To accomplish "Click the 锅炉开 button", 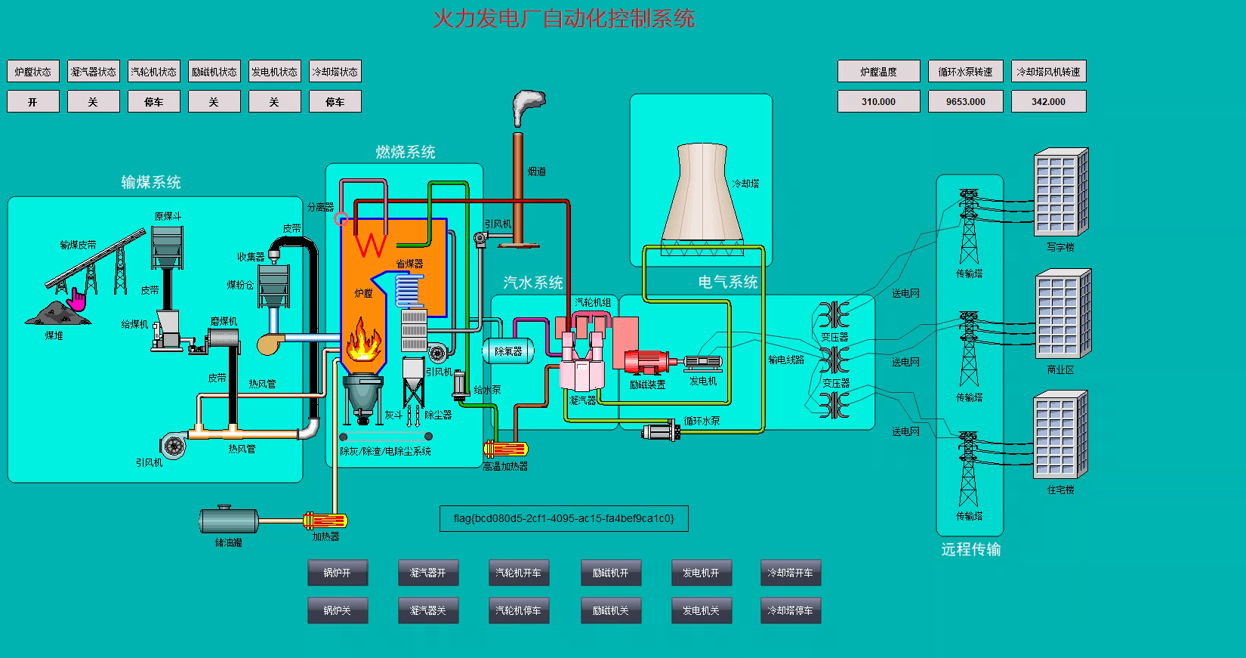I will coord(338,573).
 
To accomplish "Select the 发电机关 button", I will coord(701,610).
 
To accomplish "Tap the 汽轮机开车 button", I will coord(518,573).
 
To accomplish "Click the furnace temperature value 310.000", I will coord(878,101).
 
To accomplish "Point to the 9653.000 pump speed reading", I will coord(965,101).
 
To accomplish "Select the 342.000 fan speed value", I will coord(1048,101).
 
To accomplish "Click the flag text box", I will coord(563,518).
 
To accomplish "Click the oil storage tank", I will coord(228,521).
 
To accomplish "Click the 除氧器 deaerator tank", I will coord(507,351).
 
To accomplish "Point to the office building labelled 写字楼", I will coord(1060,192).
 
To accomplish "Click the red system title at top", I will coord(563,19).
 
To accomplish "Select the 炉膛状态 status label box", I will coord(33,72).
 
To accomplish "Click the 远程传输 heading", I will coord(970,549).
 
